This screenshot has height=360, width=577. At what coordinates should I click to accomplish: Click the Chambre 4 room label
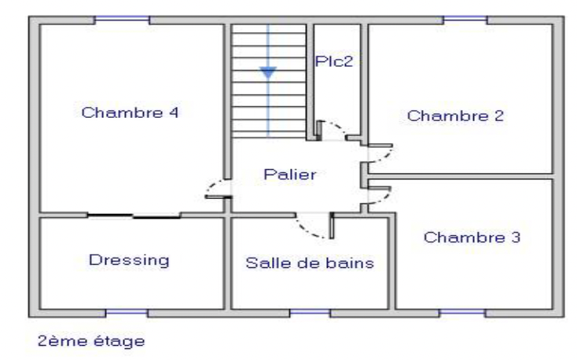[x=130, y=112]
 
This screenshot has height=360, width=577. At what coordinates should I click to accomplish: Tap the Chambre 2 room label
[x=455, y=116]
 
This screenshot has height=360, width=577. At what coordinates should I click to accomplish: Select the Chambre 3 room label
[x=472, y=237]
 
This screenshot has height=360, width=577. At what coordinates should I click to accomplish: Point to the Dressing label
[x=129, y=261]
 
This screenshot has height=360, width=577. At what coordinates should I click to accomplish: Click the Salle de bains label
[x=310, y=263]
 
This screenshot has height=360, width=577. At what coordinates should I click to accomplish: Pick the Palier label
[x=290, y=174]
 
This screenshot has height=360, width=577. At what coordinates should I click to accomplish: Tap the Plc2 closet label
[x=334, y=61]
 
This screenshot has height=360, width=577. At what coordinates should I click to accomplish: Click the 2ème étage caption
[x=91, y=341]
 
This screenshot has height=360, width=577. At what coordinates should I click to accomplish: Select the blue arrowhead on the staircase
[x=268, y=73]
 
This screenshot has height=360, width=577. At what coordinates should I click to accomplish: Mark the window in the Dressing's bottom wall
[x=127, y=314]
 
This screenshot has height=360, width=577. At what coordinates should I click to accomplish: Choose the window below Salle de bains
[x=310, y=314]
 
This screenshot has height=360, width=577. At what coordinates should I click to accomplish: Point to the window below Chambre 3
[x=461, y=314]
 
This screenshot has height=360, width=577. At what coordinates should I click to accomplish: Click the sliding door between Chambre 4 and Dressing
[x=134, y=216]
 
